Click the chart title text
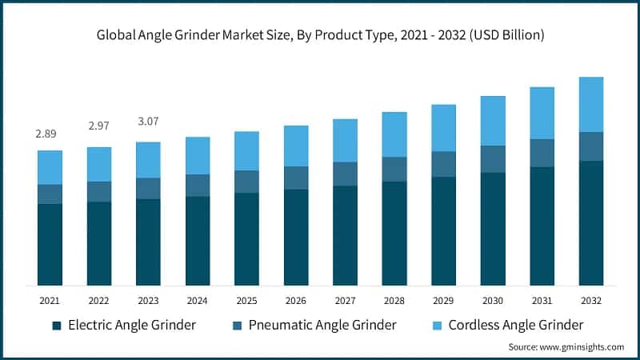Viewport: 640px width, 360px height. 321,35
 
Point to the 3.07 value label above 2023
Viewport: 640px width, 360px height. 148,122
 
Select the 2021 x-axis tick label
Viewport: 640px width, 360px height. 50,300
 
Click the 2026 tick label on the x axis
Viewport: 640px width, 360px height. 296,300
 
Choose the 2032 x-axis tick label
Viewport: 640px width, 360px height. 591,300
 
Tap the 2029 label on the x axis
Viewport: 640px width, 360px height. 443,300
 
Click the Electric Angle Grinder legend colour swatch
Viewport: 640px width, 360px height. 56,326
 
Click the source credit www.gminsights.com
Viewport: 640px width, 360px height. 566,346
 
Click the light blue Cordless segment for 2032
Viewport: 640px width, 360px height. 591,105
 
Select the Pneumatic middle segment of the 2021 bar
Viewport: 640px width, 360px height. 50,194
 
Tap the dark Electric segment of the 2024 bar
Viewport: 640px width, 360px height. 198,241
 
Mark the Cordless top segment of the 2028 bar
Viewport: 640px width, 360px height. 394,134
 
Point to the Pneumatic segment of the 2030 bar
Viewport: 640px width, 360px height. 493,159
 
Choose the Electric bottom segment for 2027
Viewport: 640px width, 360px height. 345,235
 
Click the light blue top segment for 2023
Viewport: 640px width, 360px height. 148,160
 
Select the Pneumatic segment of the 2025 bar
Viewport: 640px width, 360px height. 246,182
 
